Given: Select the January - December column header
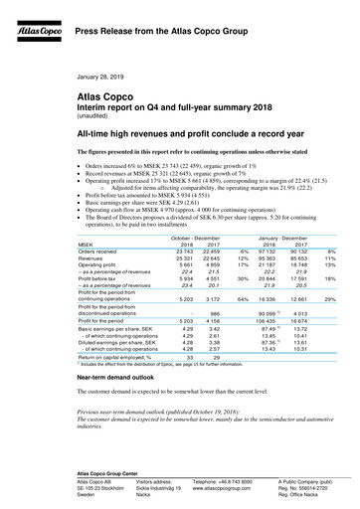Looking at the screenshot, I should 282,238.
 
